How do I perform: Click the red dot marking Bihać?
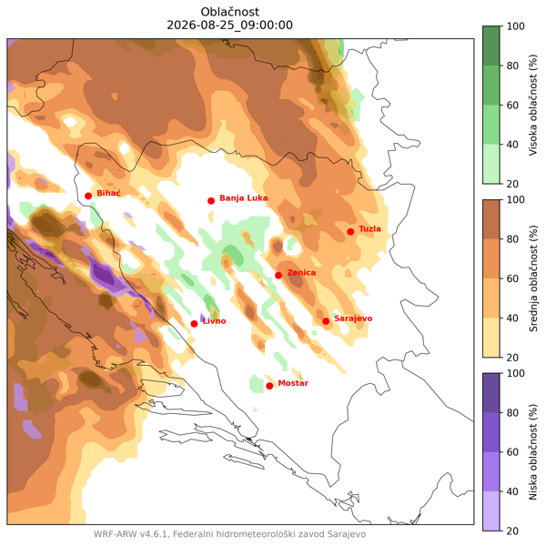tap(88, 196)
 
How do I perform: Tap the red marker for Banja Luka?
tap(211, 201)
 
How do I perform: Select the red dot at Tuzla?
tap(350, 231)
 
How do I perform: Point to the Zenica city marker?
tap(278, 276)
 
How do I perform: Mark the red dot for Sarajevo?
tap(326, 321)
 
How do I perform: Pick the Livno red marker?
tap(195, 324)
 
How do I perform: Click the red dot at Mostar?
tap(269, 386)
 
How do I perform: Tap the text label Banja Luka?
tap(244, 198)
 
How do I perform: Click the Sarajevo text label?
tap(353, 318)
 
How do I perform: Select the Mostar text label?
tap(293, 383)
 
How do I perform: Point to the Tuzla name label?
tap(369, 228)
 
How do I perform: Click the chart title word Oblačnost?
tap(230, 12)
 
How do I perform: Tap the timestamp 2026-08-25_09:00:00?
tap(230, 25)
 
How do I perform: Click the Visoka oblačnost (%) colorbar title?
tap(533, 105)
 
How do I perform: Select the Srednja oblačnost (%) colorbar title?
tap(533, 278)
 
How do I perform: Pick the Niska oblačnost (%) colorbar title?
tap(533, 452)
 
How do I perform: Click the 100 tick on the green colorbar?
tap(515, 26)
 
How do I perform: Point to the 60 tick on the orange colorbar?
tap(512, 278)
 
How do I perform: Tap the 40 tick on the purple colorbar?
tap(512, 491)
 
